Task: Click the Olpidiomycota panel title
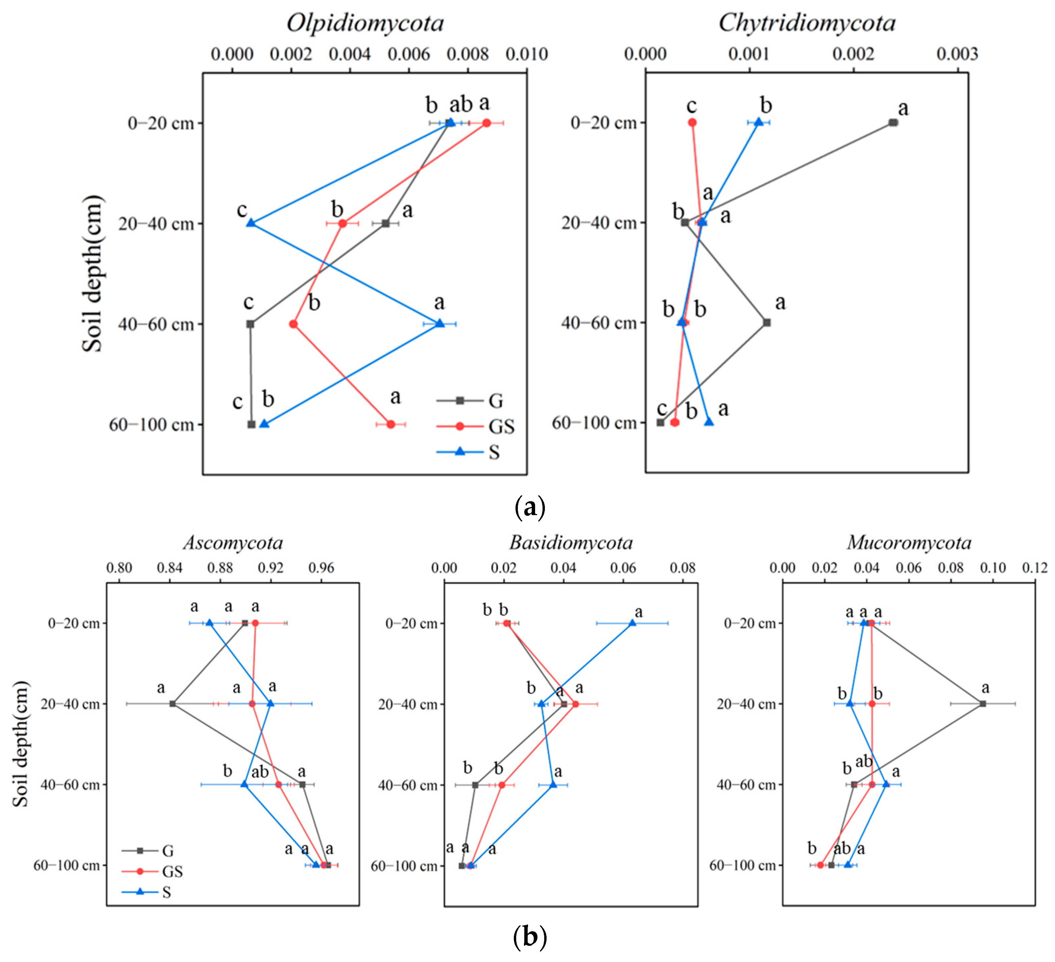coord(365,23)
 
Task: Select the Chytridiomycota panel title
coord(807,23)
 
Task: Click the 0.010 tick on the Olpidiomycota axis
coord(526,54)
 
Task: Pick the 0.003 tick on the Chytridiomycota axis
coord(957,54)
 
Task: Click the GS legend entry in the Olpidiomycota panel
coord(501,426)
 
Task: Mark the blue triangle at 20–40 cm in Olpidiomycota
coord(251,223)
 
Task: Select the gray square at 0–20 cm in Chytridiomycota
coord(893,123)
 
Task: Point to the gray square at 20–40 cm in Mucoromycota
coord(983,703)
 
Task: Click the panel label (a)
coord(530,506)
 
